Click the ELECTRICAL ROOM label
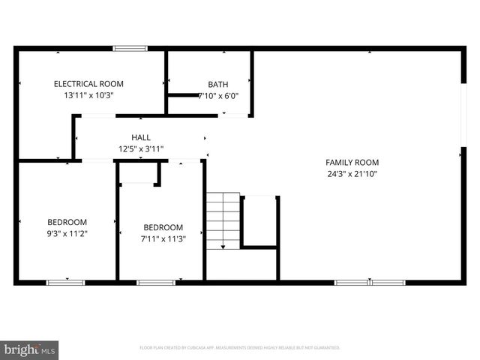pos(88,84)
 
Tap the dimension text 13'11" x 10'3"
pos(88,95)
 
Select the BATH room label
pos(218,85)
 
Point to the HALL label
pos(141,138)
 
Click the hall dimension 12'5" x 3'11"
pos(141,148)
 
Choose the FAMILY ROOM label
pos(352,162)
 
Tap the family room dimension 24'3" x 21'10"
pos(352,173)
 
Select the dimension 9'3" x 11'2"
pos(67,233)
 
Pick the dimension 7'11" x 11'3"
pos(163,238)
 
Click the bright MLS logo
pos(30,349)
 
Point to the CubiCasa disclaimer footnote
pos(240,348)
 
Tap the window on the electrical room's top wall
pos(130,49)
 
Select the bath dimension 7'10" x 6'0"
pos(218,96)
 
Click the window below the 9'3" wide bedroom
pos(66,282)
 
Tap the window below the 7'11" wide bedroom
pos(156,282)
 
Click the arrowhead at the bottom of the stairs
pos(223,246)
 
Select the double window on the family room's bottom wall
pos(370,282)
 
